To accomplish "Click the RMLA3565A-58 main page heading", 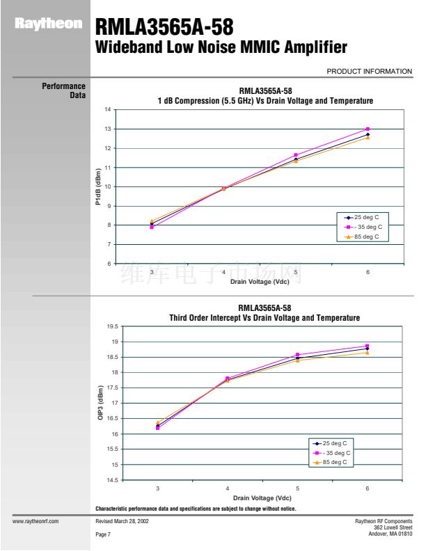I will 164,27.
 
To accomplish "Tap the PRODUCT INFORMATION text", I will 369,71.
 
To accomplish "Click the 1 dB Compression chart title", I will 265,101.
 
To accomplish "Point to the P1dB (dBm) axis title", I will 99,186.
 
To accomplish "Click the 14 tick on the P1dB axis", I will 108,110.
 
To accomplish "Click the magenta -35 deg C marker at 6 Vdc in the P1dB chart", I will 368,129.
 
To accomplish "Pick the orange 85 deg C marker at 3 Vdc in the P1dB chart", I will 152,221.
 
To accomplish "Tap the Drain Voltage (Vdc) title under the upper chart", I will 260,282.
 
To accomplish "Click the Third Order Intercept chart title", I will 265,318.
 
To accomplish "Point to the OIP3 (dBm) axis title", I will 100,403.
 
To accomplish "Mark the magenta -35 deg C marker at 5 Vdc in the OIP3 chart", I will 297,355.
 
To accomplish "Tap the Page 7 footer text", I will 103,534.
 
